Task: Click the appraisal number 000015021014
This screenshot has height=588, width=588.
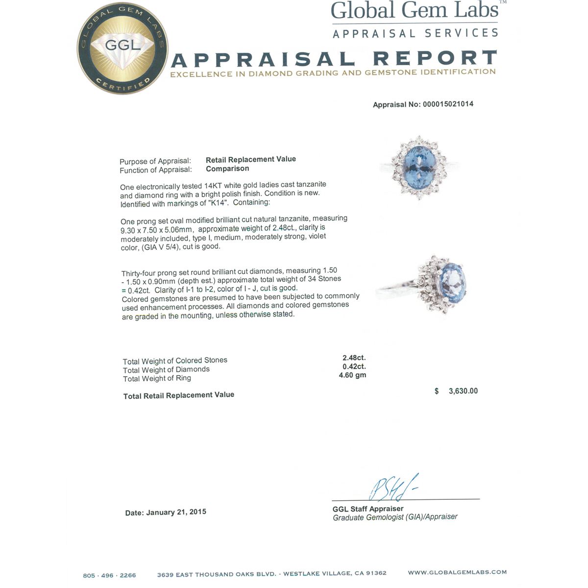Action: coord(448,104)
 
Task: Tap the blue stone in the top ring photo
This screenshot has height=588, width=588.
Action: coord(418,164)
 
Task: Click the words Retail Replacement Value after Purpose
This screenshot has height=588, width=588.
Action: coord(251,159)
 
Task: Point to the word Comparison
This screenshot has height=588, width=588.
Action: coord(227,169)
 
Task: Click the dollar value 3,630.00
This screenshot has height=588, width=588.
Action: coord(463,391)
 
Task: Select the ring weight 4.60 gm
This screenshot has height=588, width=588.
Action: coord(352,375)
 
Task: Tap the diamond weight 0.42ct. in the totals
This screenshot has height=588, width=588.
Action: coord(354,367)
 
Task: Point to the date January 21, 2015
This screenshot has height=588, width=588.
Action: coord(176,512)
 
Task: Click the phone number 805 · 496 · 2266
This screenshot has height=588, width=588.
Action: coord(109,575)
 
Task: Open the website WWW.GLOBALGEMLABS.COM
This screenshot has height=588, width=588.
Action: coord(457,572)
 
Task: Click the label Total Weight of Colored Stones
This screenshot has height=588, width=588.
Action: coord(175,361)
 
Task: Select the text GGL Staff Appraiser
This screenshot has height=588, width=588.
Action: coord(368,509)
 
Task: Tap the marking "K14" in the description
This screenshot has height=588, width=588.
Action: coord(219,203)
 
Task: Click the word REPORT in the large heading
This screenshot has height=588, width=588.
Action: coord(435,58)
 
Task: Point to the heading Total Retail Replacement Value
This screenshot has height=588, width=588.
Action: coord(179,395)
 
